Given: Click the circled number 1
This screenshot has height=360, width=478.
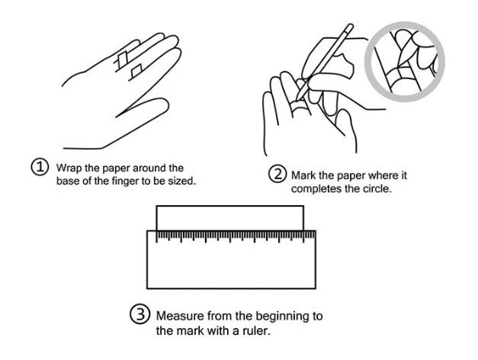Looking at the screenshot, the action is coord(40,168).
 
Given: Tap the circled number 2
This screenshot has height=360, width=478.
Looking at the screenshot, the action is coord(277,174).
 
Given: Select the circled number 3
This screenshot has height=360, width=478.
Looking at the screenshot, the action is coord(140,314).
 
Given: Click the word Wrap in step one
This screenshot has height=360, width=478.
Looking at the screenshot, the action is coord(69,169).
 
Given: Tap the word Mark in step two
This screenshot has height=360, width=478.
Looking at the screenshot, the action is coord(303,175).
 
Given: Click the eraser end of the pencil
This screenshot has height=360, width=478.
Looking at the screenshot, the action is coord(350,27).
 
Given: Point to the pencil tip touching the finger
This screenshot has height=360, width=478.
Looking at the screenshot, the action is coord(297,99).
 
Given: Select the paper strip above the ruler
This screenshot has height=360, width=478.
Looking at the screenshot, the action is coord(230,218).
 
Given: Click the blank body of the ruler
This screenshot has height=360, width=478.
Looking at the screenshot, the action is coord(232,265).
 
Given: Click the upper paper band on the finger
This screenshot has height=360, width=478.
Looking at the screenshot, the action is coord(123,59).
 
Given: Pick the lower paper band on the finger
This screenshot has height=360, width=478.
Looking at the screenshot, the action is coord(136,71).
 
